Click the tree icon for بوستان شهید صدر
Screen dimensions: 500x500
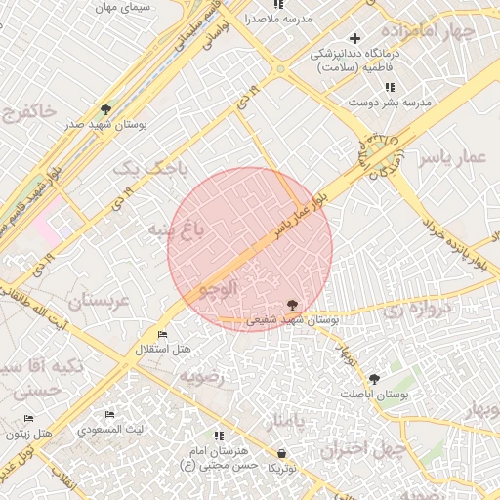tap(105, 108)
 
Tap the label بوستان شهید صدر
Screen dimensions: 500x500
tap(99, 125)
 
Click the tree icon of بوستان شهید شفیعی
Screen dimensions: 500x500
tap(292, 305)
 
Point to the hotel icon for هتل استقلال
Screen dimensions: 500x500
tap(162, 335)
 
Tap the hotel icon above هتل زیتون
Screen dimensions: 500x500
tap(26, 419)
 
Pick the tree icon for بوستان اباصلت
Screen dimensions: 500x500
tap(375, 378)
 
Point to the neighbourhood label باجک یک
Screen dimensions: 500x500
tap(150, 168)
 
